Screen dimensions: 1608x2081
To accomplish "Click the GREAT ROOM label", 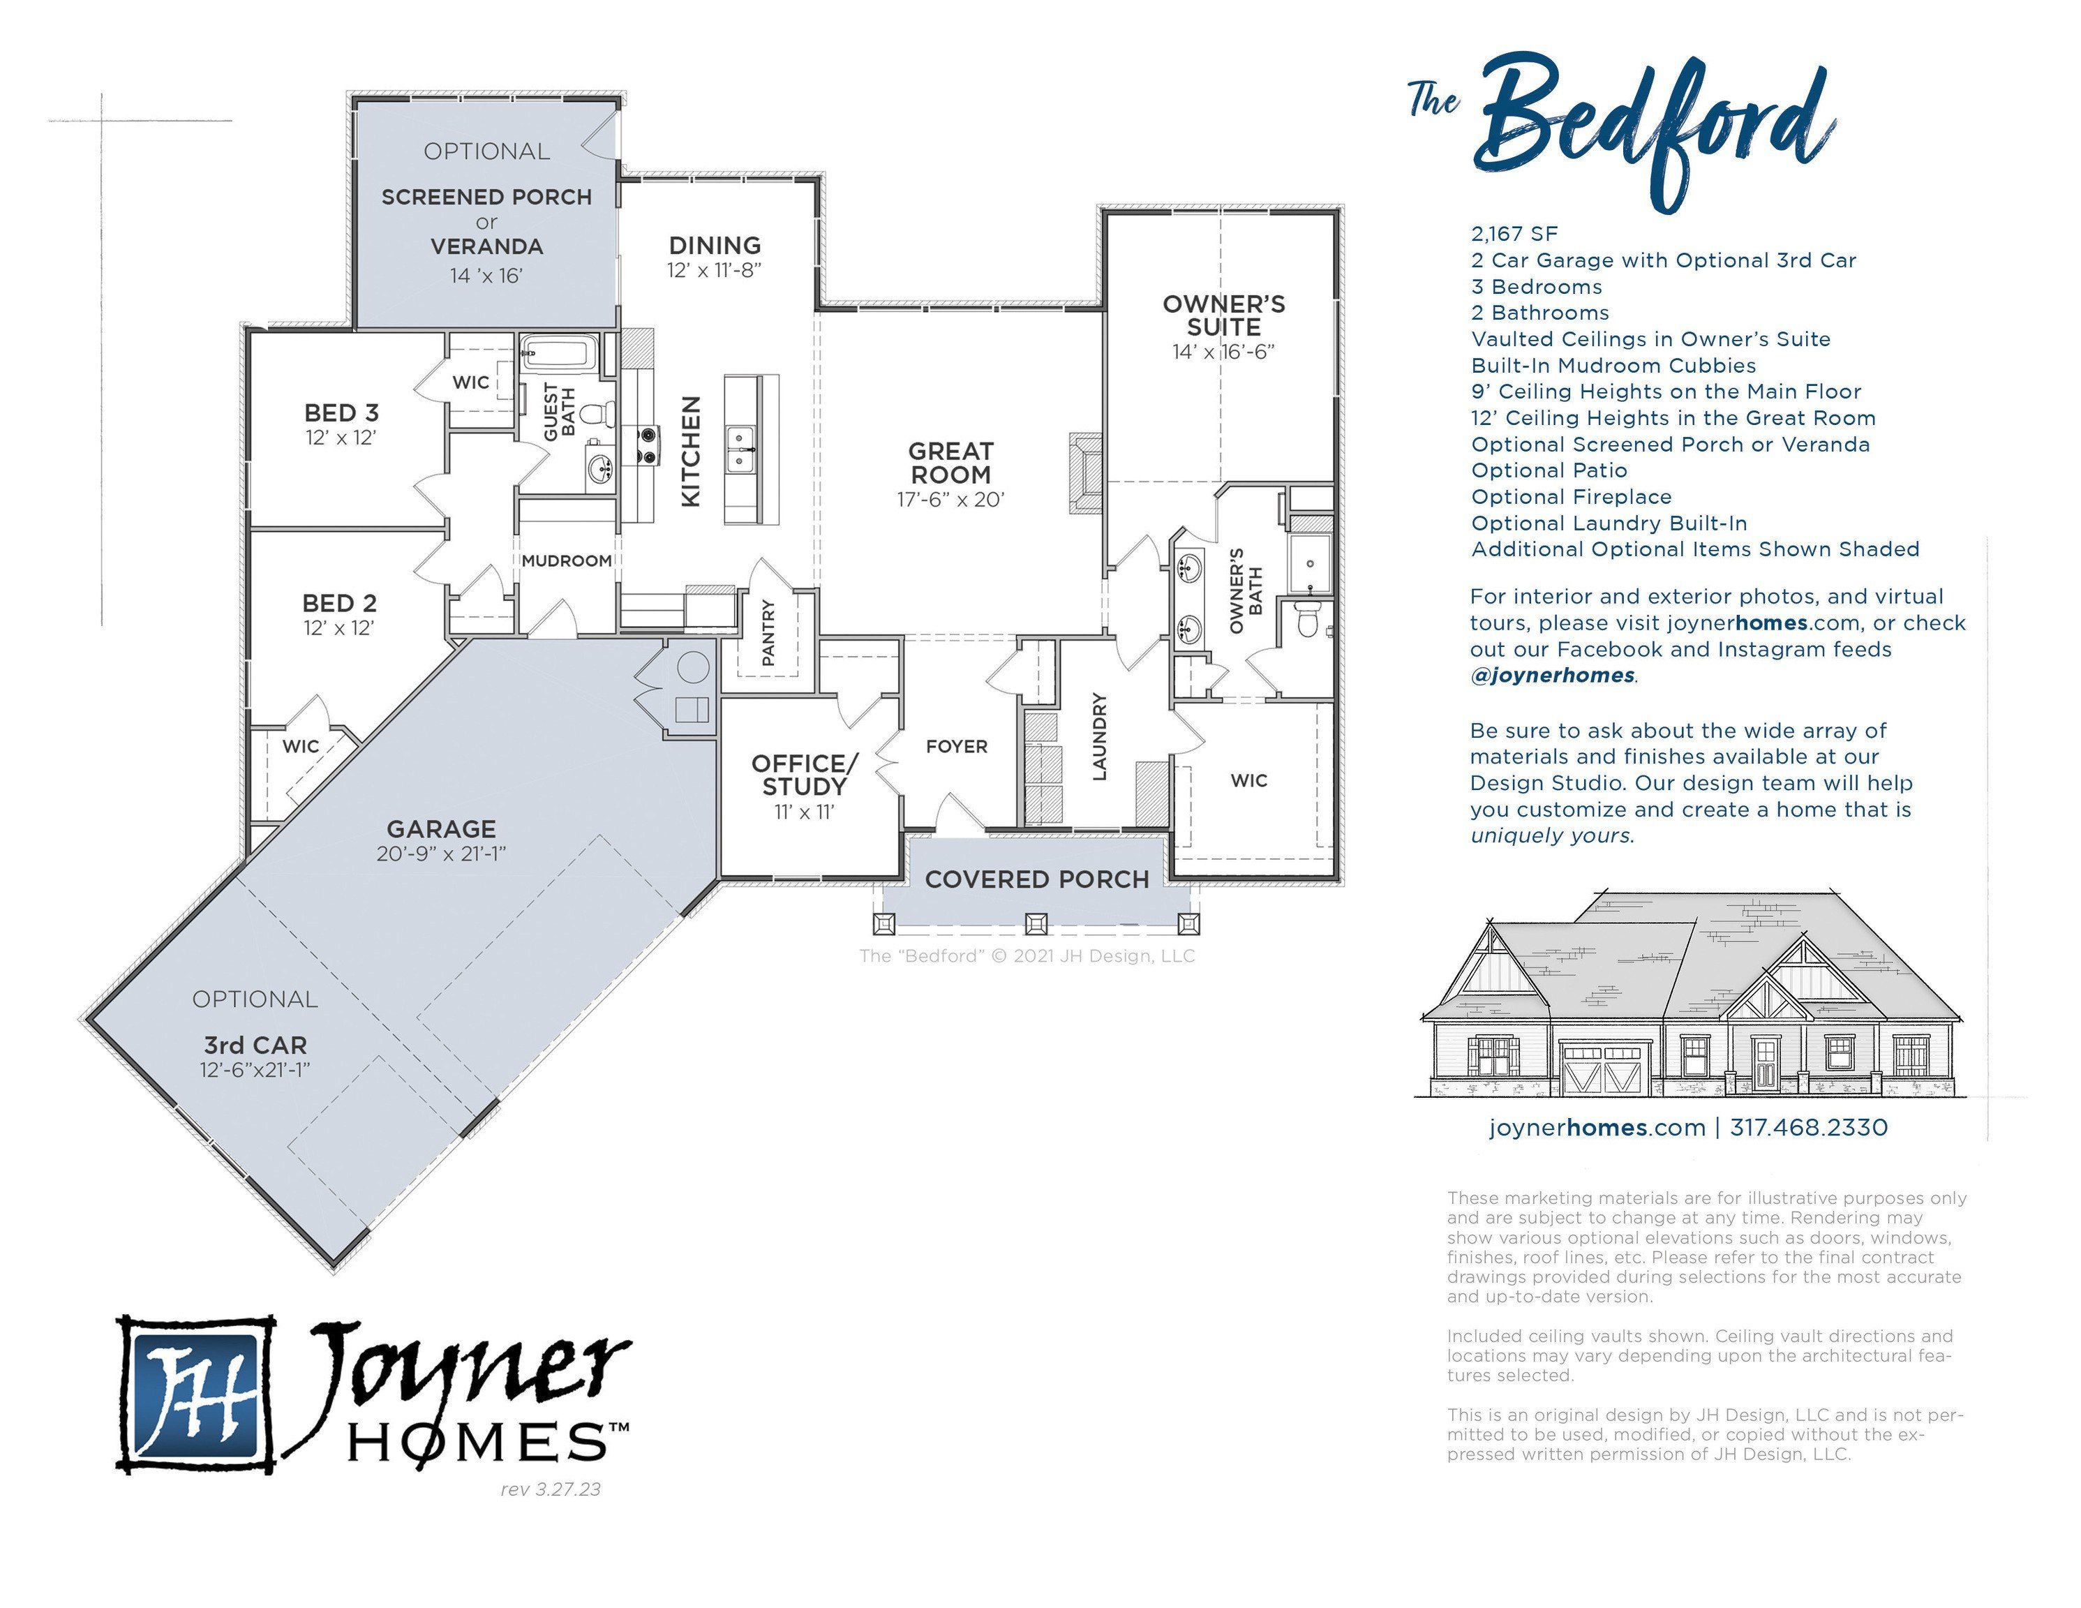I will click(950, 463).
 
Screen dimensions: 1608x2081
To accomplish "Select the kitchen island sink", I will click(740, 450).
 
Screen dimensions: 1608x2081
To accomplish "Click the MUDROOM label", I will click(566, 560).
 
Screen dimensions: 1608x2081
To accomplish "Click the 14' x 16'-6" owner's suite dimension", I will click(1223, 352).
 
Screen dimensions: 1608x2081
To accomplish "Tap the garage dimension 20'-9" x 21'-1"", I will click(440, 853).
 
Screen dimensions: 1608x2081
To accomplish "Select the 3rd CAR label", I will click(255, 1045).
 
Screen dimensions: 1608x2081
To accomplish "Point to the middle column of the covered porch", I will click(1036, 923).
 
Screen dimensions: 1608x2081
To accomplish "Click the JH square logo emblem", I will click(196, 1395).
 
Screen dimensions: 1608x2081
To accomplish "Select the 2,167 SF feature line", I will click(1514, 234).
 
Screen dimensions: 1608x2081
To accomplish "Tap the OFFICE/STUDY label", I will click(804, 775).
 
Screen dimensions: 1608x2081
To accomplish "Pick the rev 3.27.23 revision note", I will click(551, 1489).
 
